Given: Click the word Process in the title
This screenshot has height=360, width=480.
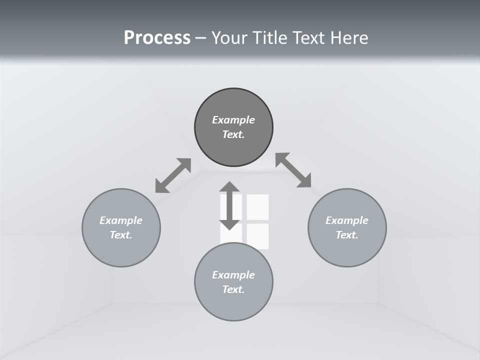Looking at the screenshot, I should click(157, 37).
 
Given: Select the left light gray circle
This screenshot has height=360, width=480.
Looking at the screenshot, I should click(121, 250).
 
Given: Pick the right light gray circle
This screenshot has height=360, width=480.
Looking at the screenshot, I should click(347, 250).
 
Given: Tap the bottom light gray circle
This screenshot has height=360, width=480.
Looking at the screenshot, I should click(233, 305).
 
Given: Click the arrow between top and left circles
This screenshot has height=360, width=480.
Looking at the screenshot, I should click(173, 175).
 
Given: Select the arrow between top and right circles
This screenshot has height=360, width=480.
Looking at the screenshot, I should click(293, 170).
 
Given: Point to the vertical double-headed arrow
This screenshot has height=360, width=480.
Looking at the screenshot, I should click(229, 205).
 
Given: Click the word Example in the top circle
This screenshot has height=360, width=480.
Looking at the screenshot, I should click(233, 120).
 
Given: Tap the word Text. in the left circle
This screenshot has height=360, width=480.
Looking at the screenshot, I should click(121, 235).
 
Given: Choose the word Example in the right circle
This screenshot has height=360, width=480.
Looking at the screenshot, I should click(347, 220).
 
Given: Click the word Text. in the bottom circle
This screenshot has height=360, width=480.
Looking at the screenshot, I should click(233, 289).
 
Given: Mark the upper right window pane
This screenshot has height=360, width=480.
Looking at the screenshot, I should click(257, 206).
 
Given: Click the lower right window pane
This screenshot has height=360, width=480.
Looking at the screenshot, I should click(257, 236).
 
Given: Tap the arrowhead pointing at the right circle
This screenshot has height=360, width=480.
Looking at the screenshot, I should click(304, 181).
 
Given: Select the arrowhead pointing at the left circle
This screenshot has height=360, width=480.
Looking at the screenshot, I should click(161, 186).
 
